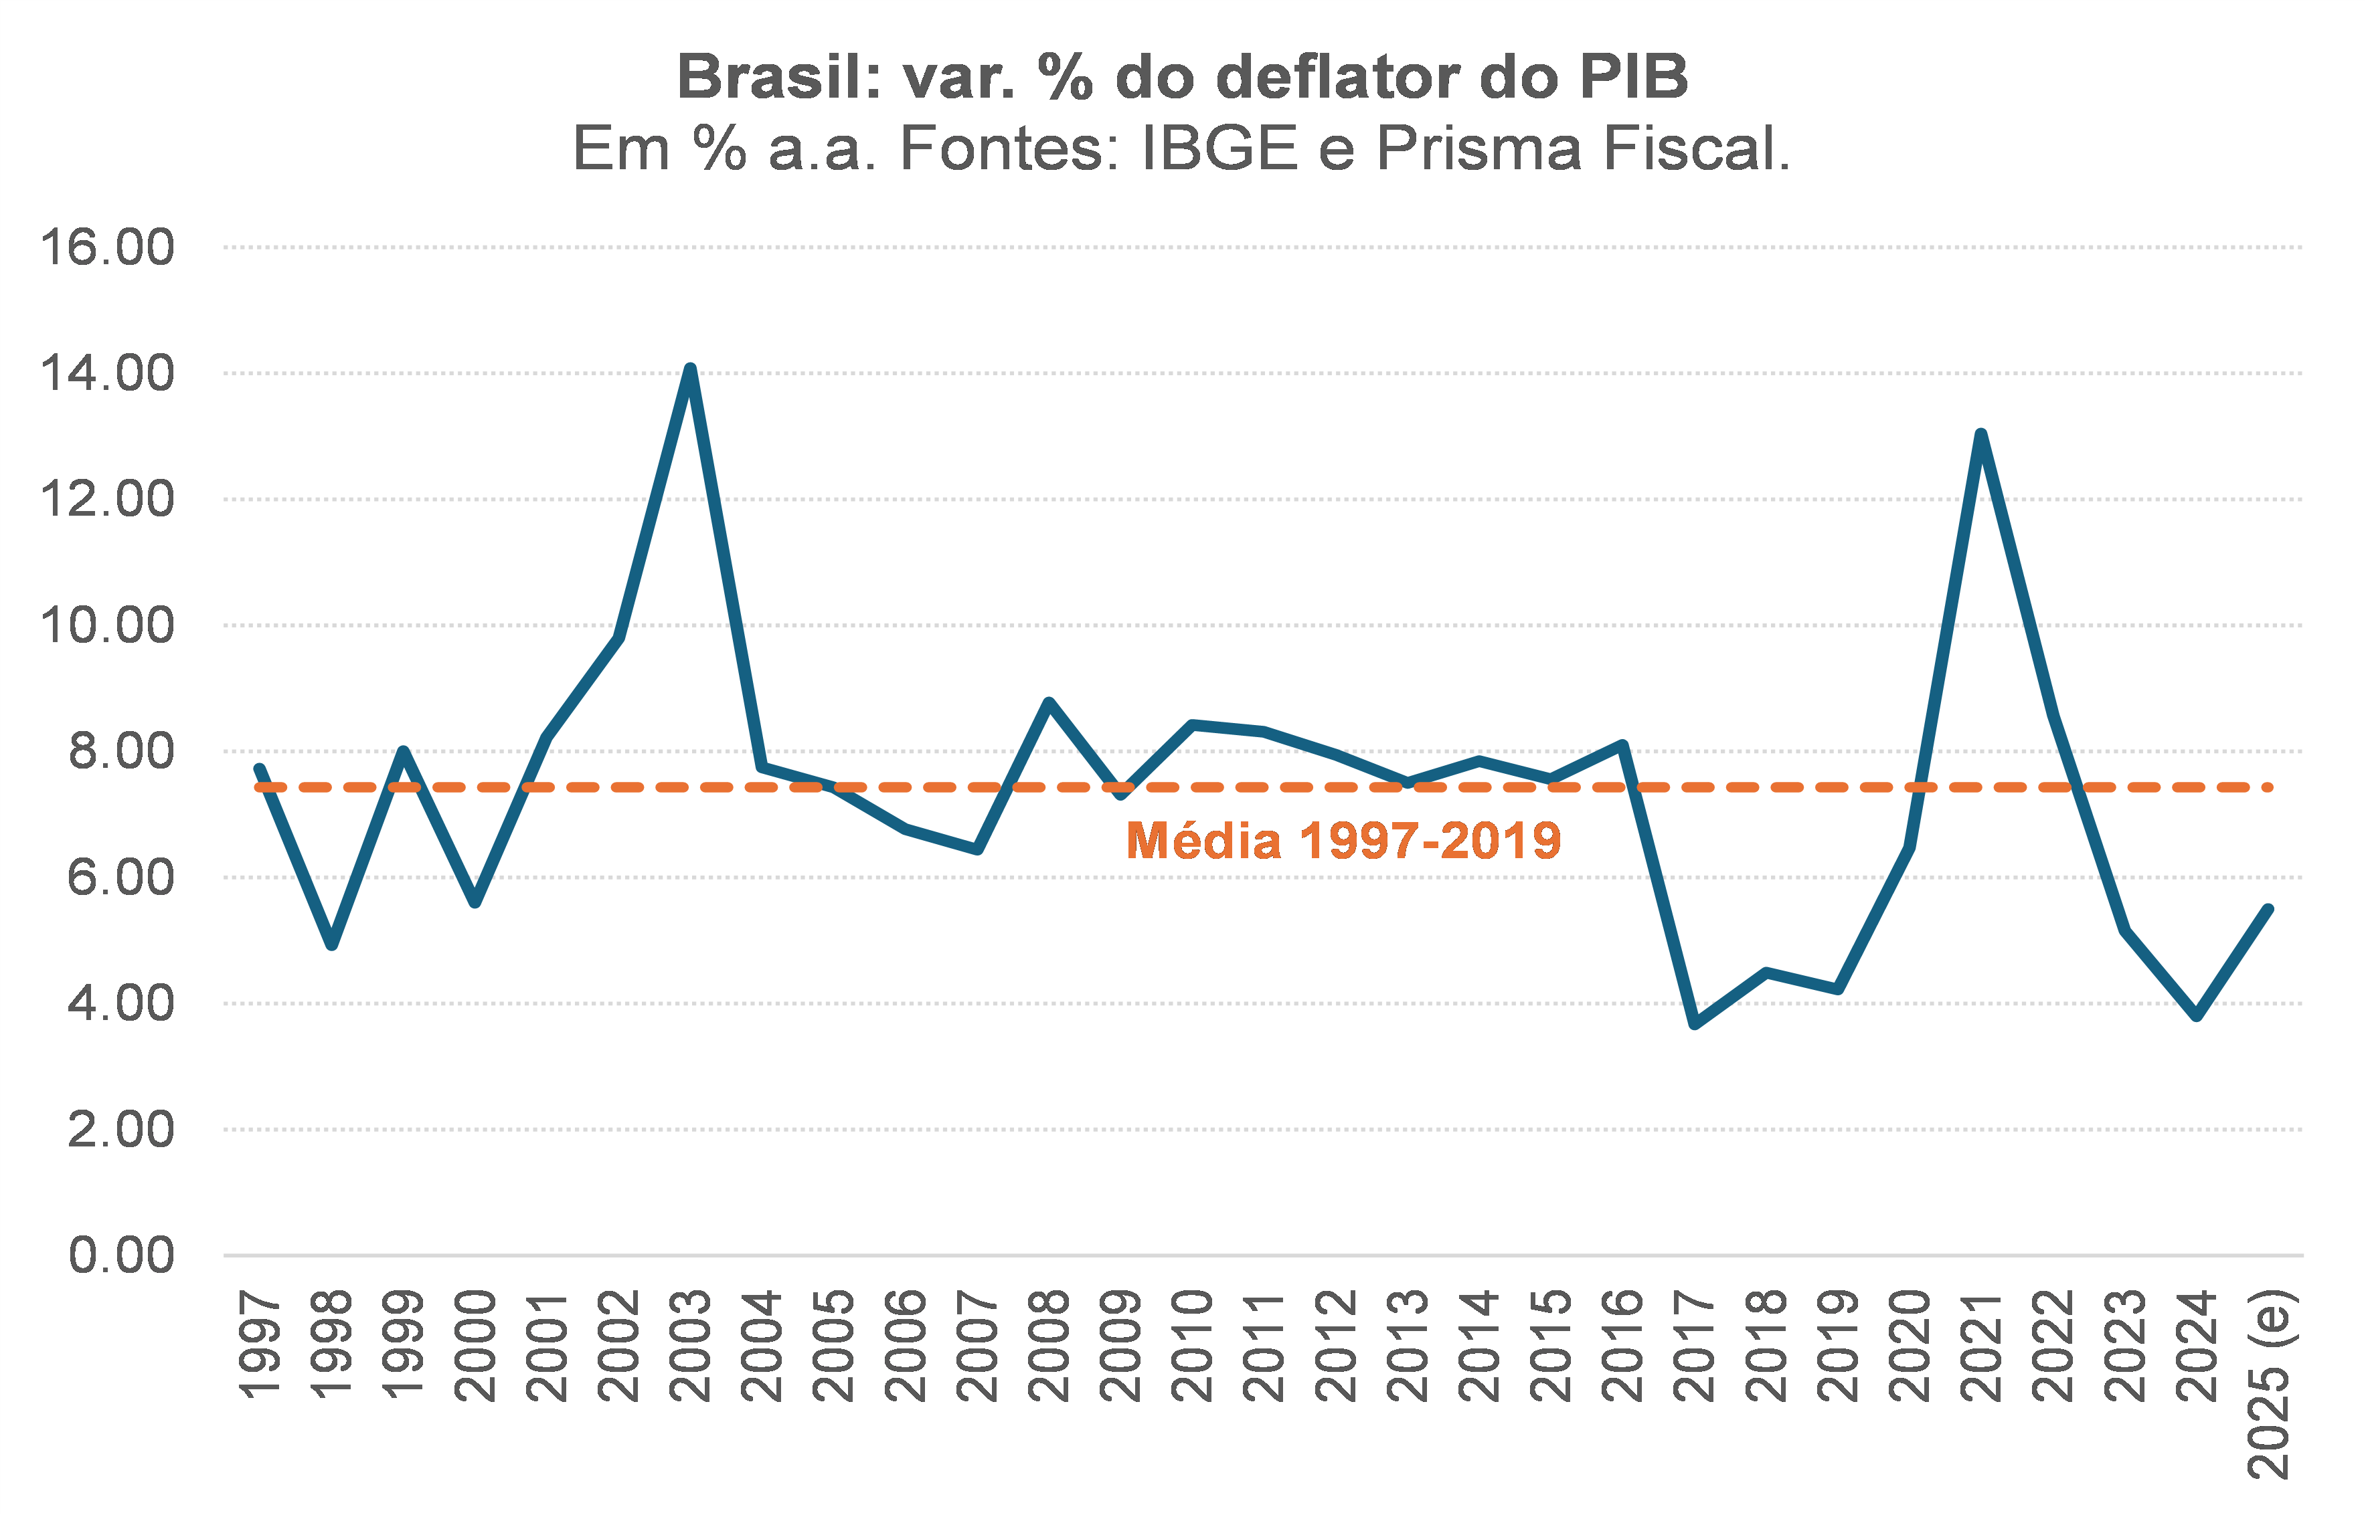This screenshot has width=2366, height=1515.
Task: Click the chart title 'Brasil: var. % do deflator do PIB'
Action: (1182, 77)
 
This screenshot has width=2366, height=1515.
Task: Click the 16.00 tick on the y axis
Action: (106, 247)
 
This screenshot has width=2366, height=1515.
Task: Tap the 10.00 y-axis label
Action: (106, 625)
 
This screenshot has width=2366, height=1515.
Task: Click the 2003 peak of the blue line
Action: (690, 369)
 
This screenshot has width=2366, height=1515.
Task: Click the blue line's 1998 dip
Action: (332, 945)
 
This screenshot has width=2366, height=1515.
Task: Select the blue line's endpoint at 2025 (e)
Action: (2268, 909)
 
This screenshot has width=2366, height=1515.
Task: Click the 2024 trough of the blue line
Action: (2196, 1016)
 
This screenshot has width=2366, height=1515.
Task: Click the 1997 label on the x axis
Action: (260, 1346)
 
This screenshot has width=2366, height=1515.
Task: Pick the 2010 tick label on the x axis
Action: (1192, 1346)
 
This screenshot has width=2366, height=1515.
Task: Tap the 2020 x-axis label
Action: (1910, 1346)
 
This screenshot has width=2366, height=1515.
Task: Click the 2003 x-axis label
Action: (690, 1346)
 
